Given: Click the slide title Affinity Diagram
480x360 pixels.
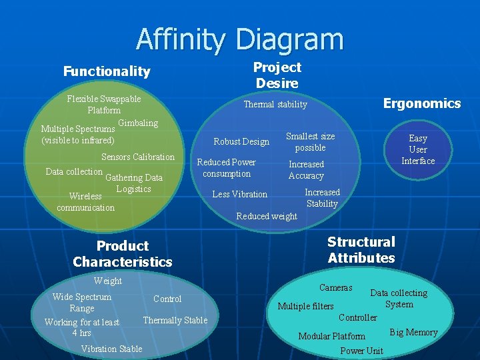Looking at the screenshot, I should tap(240, 39).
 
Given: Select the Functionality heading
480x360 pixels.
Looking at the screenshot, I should tap(107, 71).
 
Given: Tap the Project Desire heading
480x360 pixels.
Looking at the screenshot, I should tap(277, 75).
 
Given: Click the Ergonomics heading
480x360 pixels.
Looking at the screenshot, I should tap(421, 103).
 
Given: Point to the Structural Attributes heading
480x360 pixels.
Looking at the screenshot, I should tap(361, 250).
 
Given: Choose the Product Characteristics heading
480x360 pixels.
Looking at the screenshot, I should tap(123, 254).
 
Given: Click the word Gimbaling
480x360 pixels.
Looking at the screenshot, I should tap(138, 123).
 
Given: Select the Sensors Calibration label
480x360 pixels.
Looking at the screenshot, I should tap(137, 157).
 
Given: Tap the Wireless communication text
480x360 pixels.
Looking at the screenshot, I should tap(85, 202).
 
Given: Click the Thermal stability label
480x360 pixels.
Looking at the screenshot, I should tap(275, 105).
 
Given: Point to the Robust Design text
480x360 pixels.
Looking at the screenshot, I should tap(241, 141).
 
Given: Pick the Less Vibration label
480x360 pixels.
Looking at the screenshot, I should tap(239, 195).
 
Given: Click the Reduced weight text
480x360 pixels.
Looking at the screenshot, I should tap(267, 216).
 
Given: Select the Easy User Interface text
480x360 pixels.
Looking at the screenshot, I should tap(418, 149).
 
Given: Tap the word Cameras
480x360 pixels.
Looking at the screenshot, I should tap(335, 288).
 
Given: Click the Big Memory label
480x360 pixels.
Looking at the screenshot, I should tap(413, 333).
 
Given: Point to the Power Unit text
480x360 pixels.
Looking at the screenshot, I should tap(361, 351).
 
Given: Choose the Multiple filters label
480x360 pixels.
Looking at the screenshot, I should tap(305, 307).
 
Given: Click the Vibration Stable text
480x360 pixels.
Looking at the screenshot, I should tap(111, 349).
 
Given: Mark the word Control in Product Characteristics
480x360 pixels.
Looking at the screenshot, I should tap(167, 299).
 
